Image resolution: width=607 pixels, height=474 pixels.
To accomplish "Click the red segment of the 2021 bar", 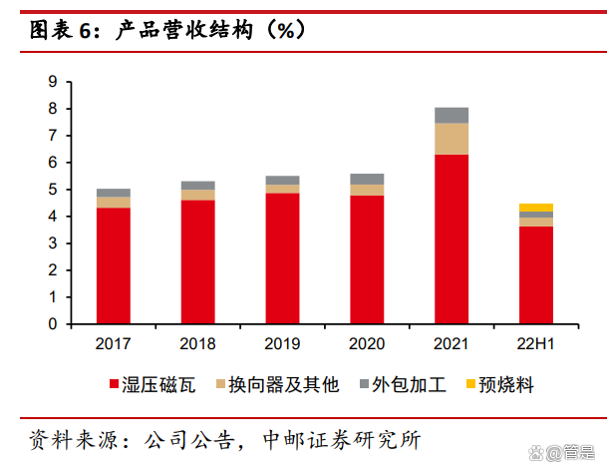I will pos(452,239).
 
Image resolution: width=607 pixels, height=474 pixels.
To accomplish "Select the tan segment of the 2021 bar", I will pos(452,139).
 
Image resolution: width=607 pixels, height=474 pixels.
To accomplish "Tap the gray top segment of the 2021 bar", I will pos(452,115).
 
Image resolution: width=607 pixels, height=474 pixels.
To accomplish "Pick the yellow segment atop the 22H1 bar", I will pos(536,208).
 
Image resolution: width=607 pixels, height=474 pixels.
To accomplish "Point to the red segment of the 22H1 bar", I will pos(536,275).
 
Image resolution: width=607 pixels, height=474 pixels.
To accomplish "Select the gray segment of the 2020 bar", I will pos(367,180).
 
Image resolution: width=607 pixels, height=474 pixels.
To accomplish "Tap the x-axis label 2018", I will pos(197,344).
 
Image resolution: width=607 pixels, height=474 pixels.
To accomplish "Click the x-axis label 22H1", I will pos(536,344).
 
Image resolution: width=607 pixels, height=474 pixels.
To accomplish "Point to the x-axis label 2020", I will pos(367,344).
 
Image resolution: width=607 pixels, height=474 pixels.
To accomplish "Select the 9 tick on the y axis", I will pos(53,82).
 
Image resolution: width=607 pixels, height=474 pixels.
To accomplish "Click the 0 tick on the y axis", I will pos(53,324).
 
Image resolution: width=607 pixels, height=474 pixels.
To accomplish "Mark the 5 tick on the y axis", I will pos(53,190).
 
